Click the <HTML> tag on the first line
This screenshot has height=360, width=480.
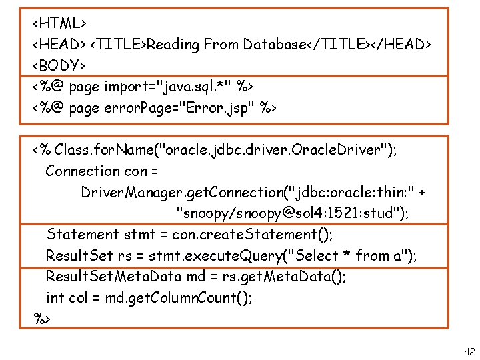[x=59, y=23]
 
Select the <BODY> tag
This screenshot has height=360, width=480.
[x=59, y=65]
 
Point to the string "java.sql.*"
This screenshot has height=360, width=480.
[x=192, y=87]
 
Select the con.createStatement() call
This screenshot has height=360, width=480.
[x=253, y=235]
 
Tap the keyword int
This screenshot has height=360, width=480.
[x=55, y=298]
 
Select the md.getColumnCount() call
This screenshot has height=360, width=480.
[x=179, y=298]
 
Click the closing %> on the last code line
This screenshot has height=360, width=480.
[x=43, y=319]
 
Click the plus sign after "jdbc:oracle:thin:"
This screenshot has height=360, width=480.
[x=421, y=193]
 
